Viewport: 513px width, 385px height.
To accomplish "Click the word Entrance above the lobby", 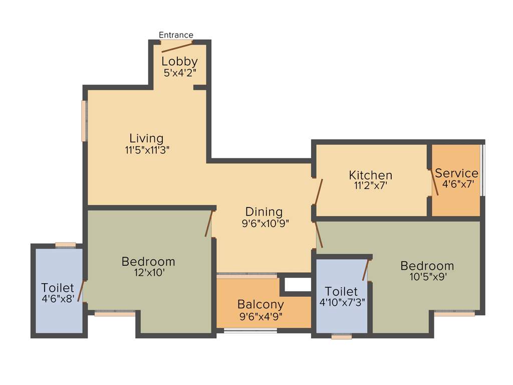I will click(x=176, y=35).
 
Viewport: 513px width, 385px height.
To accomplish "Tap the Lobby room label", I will click(x=179, y=62).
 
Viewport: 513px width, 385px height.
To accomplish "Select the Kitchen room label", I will click(x=371, y=175).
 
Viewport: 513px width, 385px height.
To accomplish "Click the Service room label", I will click(x=456, y=173).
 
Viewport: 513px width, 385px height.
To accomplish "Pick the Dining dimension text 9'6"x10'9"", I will click(x=265, y=224).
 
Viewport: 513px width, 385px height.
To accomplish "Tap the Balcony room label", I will click(x=261, y=304).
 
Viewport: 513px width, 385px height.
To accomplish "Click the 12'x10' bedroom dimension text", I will click(x=148, y=273).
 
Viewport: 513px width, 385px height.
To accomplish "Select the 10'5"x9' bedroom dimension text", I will click(x=427, y=277).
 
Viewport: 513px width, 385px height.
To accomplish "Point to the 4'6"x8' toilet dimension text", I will click(x=58, y=299).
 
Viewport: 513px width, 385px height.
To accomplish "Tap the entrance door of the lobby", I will click(x=177, y=48).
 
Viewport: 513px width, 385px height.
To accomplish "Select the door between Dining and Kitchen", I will click(x=318, y=191).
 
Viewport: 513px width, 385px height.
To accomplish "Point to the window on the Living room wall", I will click(x=85, y=121).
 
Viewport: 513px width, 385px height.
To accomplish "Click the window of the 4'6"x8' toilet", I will click(x=65, y=245).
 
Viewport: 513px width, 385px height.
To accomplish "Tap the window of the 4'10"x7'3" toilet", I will click(x=342, y=336).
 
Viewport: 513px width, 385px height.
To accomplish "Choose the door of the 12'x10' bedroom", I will click(x=209, y=224).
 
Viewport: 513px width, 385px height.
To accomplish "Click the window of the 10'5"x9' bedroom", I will click(x=454, y=313).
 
